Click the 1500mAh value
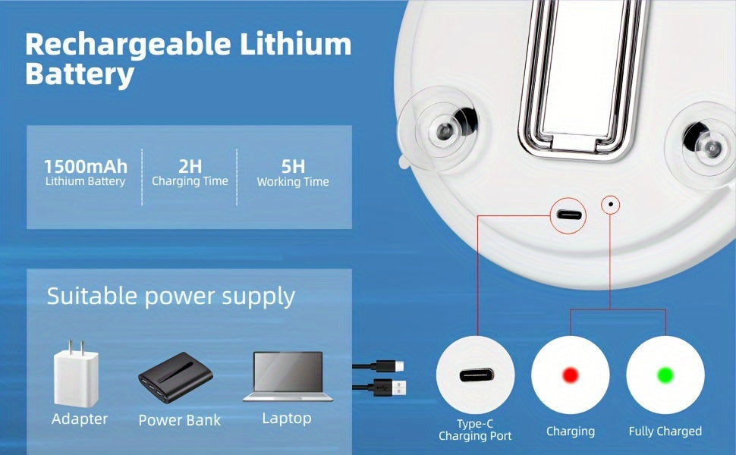click(x=86, y=167)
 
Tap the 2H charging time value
click(x=190, y=167)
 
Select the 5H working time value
click(x=293, y=167)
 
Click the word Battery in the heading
click(x=80, y=74)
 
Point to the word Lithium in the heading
click(x=296, y=44)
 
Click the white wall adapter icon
click(x=76, y=373)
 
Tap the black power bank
click(x=175, y=377)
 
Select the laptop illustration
click(x=288, y=377)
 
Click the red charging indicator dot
click(x=571, y=375)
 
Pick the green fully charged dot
click(x=665, y=375)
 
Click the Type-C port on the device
click(x=569, y=216)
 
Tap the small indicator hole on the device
click(x=611, y=204)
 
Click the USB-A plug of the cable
click(x=397, y=388)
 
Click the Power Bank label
click(x=179, y=420)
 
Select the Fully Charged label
click(x=665, y=431)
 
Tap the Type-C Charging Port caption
click(x=475, y=430)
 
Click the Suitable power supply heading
click(x=171, y=297)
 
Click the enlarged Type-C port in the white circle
click(x=477, y=375)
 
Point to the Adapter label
click(x=80, y=419)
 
